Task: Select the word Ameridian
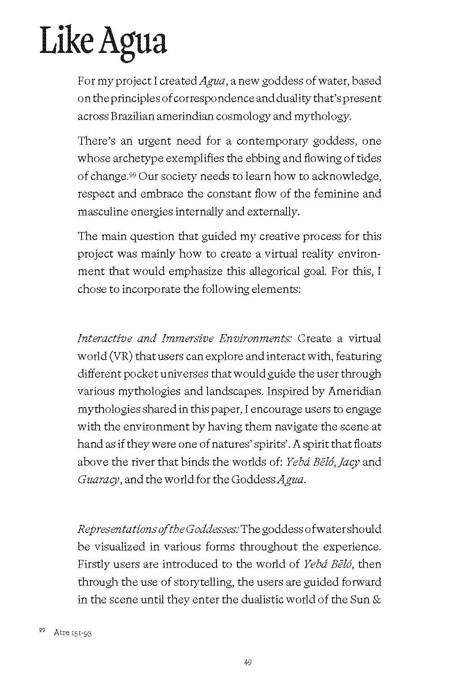coord(355,391)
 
